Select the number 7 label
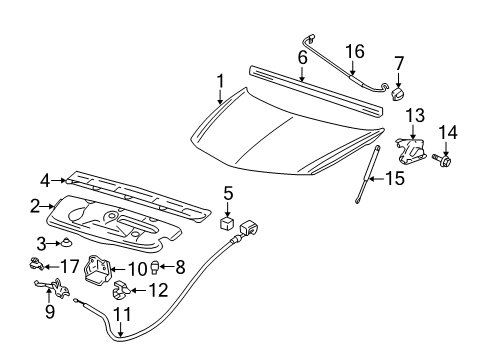pyautogui.click(x=399, y=63)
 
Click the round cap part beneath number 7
pyautogui.click(x=397, y=94)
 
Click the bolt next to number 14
pyautogui.click(x=445, y=158)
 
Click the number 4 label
pyautogui.click(x=45, y=181)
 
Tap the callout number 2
pyautogui.click(x=35, y=207)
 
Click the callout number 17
pyautogui.click(x=68, y=266)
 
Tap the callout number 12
pyautogui.click(x=152, y=291)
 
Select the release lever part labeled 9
pyautogui.click(x=56, y=291)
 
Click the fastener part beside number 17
pyautogui.click(x=34, y=265)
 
